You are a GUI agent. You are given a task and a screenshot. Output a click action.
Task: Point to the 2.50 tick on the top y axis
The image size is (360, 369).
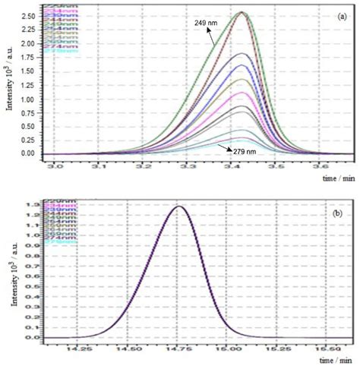28,15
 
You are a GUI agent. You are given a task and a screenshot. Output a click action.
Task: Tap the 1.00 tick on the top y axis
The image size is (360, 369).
28,99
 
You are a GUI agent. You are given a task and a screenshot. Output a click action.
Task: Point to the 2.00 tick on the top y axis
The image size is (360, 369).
28,43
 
